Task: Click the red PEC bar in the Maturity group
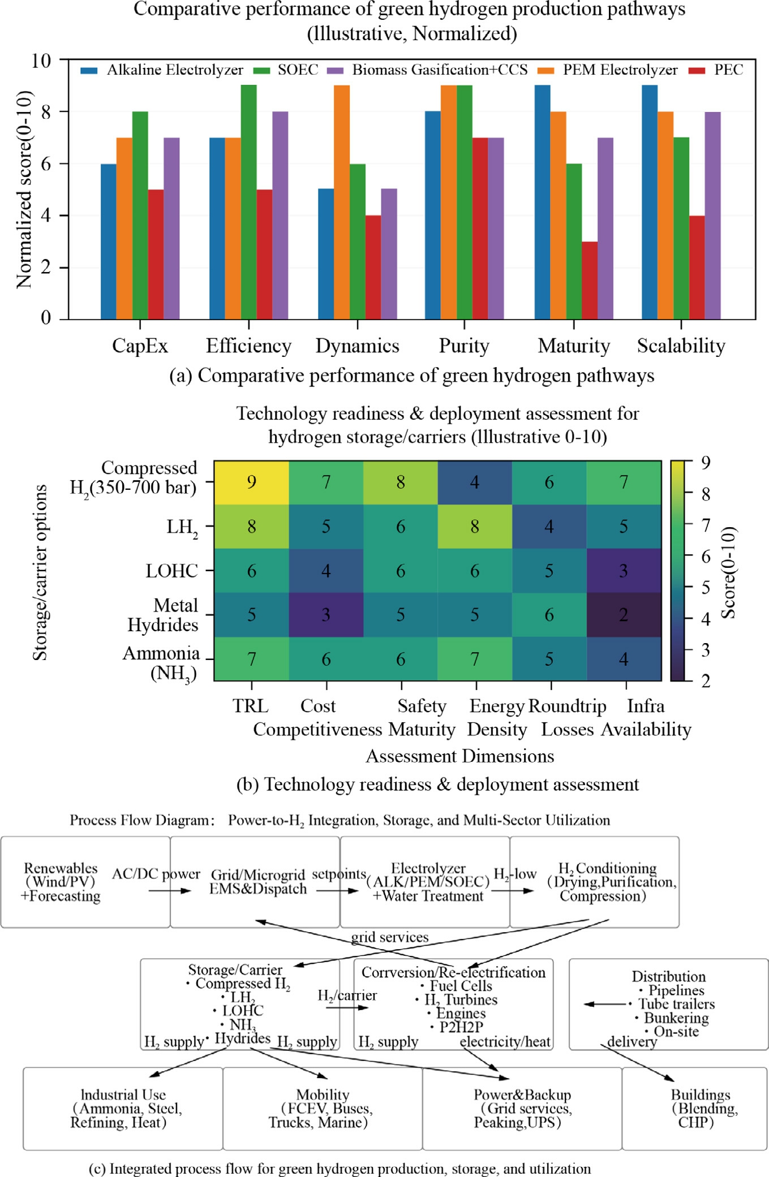(590, 281)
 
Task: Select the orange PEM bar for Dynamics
(342, 202)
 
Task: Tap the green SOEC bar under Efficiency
(248, 202)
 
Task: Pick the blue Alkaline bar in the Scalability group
(650, 202)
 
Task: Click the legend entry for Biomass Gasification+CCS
(428, 70)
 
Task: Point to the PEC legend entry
(716, 70)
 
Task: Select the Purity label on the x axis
(464, 346)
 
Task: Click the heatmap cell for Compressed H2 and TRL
(251, 482)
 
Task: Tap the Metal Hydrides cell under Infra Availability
(624, 615)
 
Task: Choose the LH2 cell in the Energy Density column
(475, 527)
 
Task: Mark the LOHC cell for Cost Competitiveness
(326, 571)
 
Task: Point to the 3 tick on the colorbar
(705, 650)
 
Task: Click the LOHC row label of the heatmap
(172, 571)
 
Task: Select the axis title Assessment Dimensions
(460, 756)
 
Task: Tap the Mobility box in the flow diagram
(323, 1109)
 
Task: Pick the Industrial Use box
(123, 1109)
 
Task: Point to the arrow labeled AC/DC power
(170, 891)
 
